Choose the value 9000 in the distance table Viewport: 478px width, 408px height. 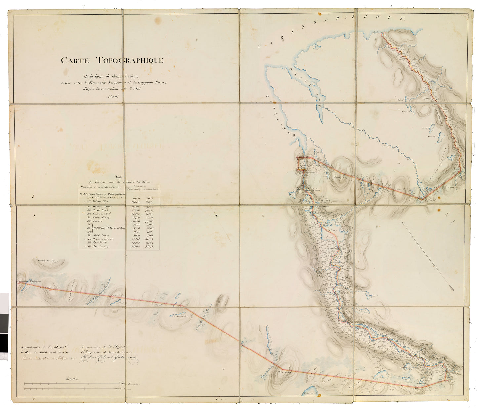[x=136, y=198]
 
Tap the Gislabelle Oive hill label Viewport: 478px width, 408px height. [x=48, y=261]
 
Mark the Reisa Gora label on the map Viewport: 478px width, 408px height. [x=282, y=372]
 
